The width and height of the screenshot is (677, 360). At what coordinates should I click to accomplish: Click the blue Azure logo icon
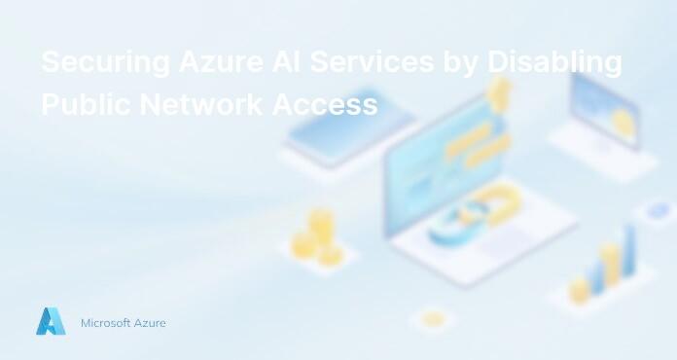(x=51, y=321)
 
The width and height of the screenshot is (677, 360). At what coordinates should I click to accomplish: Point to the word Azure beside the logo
(x=149, y=322)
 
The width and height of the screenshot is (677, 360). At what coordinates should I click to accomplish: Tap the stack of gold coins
(x=317, y=236)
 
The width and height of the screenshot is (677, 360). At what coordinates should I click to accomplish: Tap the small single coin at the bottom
(x=433, y=318)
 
